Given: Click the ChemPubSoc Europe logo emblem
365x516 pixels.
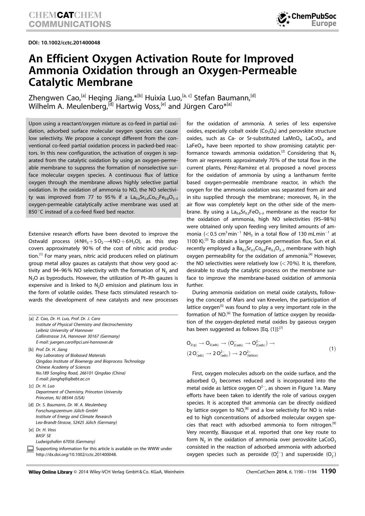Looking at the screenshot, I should [x=283, y=19].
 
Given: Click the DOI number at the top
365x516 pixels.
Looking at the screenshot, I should [x=64, y=43].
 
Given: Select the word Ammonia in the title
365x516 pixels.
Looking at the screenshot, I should [x=52, y=71].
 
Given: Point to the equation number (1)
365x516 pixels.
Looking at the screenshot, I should [x=332, y=349].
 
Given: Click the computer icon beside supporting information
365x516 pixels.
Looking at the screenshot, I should [x=31, y=449].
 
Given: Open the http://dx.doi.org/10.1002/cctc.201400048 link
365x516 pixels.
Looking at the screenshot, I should [x=76, y=455].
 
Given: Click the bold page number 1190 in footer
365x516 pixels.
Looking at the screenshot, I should [x=328, y=471].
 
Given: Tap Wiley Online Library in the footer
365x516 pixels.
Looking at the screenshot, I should [x=50, y=472].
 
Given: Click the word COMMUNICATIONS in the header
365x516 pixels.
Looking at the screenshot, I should [x=70, y=24].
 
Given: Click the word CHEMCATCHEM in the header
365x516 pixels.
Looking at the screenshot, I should [x=65, y=15].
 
